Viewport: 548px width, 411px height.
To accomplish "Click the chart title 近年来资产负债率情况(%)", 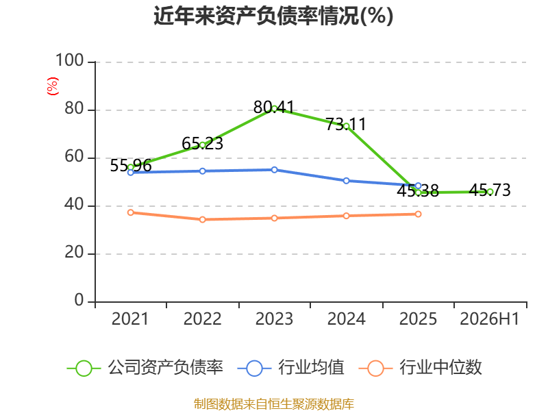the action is point(273,16).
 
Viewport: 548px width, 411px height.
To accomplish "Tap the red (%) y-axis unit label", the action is point(53,86).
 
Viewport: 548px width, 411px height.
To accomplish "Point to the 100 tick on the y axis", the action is point(70,60).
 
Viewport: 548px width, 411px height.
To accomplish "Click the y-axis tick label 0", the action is point(79,300).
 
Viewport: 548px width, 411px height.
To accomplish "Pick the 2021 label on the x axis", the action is point(130,319).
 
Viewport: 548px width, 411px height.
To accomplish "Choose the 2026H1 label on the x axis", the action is point(490,319).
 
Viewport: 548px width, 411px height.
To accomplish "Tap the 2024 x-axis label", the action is point(346,319).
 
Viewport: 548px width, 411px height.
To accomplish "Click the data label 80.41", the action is point(274,107).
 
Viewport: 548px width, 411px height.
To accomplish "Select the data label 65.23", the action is point(202,143).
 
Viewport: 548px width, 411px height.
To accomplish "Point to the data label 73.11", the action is point(346,125).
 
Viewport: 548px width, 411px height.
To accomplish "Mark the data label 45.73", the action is point(490,190).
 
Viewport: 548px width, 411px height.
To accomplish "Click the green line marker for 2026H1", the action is point(490,192).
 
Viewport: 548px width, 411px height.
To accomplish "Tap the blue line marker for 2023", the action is point(275,170).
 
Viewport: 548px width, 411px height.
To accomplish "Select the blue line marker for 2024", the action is point(347,181).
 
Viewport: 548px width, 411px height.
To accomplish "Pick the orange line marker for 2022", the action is point(202,219).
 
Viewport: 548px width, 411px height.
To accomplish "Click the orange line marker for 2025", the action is point(418,214).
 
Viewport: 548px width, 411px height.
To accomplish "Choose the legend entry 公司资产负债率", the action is point(145,368).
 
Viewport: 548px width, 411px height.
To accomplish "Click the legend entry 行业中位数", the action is point(421,368).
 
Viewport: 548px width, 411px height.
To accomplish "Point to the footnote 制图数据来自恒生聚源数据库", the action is point(274,404).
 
